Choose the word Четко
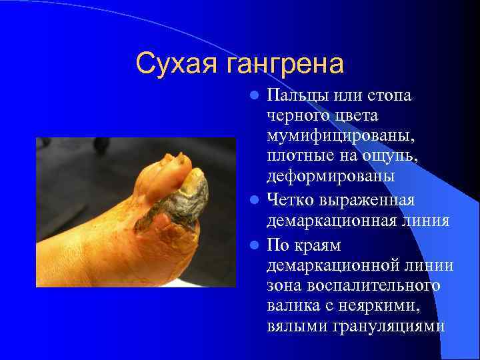tap(291, 200)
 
